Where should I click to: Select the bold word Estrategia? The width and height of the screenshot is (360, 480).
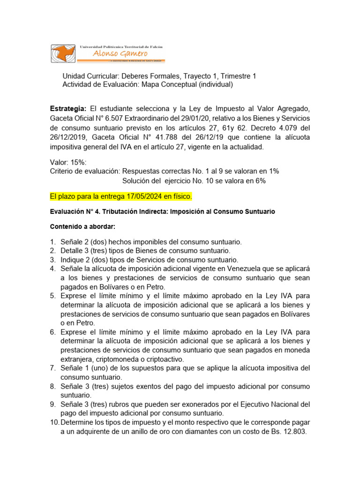point(68,109)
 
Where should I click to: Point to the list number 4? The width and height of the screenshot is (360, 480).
point(53,269)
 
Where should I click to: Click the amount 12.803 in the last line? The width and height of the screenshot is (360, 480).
point(293,432)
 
